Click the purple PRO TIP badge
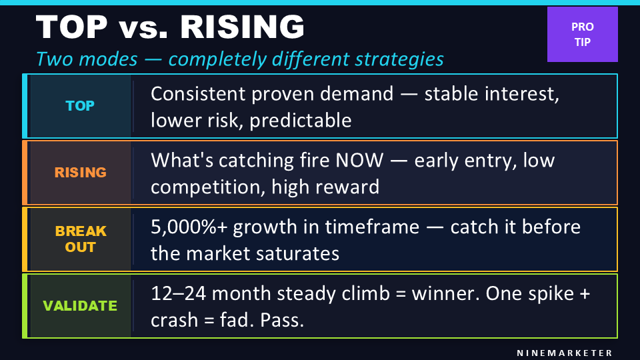[583, 34]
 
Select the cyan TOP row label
[80, 106]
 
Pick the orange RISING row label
[80, 172]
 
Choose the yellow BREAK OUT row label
[80, 239]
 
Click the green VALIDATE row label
[80, 306]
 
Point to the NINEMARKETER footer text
[565, 352]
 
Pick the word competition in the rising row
[208, 187]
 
